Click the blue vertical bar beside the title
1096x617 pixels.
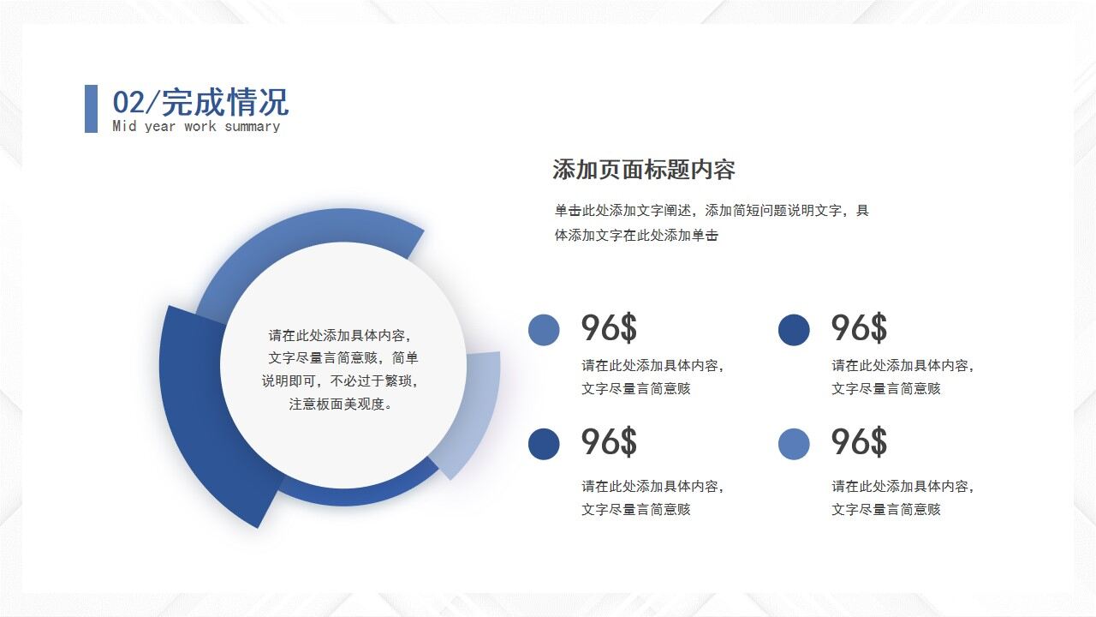91,109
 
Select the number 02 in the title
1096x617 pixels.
129,103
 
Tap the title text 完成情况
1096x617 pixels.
225,103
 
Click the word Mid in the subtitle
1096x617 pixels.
124,127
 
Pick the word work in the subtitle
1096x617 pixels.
200,127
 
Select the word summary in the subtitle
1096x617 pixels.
252,127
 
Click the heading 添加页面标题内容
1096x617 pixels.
643,170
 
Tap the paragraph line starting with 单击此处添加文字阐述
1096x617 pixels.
712,211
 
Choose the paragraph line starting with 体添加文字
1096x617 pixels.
636,236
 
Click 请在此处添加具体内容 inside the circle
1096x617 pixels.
341,336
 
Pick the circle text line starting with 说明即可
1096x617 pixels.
341,381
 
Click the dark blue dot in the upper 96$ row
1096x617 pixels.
794,330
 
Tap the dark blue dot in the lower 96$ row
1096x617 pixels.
544,444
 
